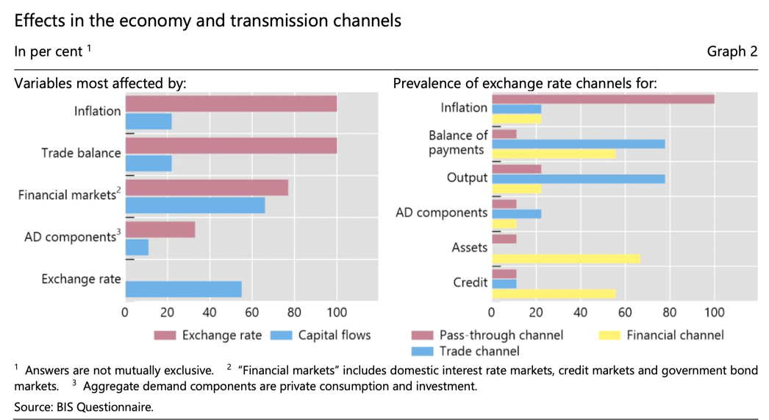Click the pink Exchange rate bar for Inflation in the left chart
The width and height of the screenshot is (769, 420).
231,104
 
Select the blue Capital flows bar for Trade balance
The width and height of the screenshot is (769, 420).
149,163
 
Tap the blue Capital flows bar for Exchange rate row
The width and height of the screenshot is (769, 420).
184,289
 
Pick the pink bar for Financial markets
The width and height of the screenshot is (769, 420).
207,188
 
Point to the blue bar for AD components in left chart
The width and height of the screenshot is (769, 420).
137,247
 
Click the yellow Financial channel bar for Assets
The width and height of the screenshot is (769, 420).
566,259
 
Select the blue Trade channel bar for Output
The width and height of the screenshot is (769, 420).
579,179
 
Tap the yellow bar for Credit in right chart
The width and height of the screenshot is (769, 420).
554,293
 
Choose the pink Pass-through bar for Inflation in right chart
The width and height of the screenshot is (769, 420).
603,99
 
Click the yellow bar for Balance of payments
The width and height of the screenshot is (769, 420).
554,154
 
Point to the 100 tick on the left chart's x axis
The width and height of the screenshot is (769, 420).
337,312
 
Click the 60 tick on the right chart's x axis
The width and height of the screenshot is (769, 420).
625,312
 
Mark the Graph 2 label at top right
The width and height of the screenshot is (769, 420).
732,51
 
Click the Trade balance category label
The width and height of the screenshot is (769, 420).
81,153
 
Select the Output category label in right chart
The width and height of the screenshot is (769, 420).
468,178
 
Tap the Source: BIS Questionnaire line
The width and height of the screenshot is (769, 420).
84,407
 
